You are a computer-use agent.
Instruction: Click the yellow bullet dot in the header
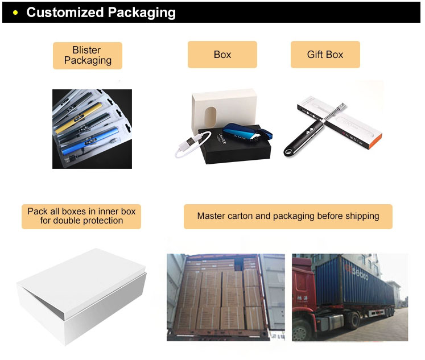click(15, 13)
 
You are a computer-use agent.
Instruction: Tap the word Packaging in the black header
click(139, 12)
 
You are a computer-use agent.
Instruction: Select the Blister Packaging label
click(87, 55)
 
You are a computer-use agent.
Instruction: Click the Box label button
click(222, 55)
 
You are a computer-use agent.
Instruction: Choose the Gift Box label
click(325, 55)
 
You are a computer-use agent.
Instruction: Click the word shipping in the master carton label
click(360, 216)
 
